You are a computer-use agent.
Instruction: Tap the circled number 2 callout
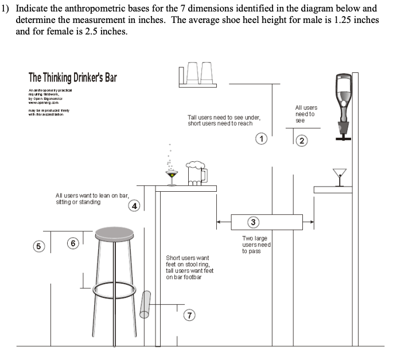click(302, 141)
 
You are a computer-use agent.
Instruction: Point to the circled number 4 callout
click(134, 205)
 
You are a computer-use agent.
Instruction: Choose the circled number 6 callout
click(73, 243)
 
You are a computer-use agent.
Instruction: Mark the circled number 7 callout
click(190, 314)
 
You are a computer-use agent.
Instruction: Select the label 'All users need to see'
click(306, 114)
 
